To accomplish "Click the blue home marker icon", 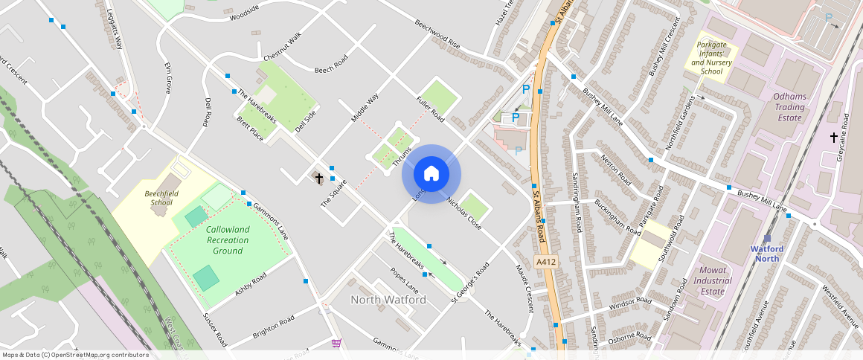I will pos(431,174).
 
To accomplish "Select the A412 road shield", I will pos(545,263).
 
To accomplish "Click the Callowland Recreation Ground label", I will pos(228,240).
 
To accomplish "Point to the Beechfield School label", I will pos(158,197).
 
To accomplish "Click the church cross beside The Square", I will pos(319,179).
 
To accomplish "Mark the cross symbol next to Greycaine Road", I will pos(833,137).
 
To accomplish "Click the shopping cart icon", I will pos(336,343).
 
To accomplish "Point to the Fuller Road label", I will pos(430,109).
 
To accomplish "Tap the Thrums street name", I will pos(402,156).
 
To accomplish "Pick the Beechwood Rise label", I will pos(437,35).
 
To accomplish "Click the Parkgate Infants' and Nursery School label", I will pos(711,58).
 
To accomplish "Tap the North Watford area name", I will pos(388,300).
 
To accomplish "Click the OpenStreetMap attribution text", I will pos(75,355).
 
